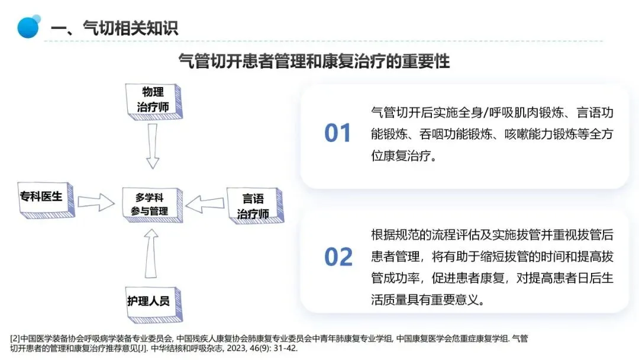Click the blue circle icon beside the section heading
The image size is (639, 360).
(x=28, y=27)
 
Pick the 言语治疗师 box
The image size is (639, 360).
(x=253, y=206)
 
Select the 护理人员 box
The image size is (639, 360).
(x=149, y=301)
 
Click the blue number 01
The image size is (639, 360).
(x=338, y=134)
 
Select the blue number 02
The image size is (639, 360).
(x=338, y=258)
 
